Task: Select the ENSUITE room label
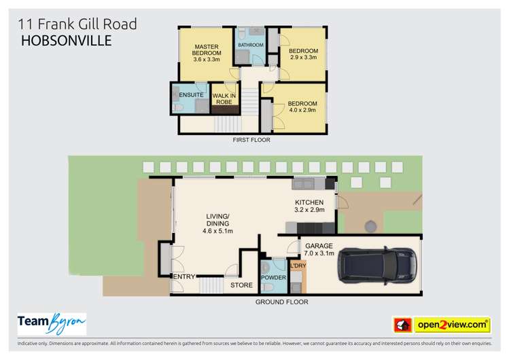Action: (183, 94)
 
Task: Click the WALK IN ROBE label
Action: (224, 98)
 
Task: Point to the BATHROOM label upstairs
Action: (249, 46)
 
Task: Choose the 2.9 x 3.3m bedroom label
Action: (302, 54)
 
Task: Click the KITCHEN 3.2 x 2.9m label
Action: (309, 206)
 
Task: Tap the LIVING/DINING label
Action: (218, 223)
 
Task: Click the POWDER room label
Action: (273, 278)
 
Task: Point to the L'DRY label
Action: (298, 266)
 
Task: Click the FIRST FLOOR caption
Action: (251, 140)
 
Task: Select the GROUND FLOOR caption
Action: (281, 302)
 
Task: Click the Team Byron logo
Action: (51, 324)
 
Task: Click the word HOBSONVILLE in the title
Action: (67, 40)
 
